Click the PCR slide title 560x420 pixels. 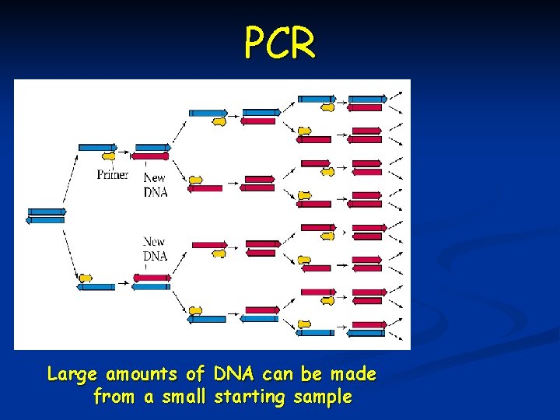[x=280, y=43]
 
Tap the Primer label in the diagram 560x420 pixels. [x=113, y=174]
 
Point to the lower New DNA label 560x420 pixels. [x=155, y=249]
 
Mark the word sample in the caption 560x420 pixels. [x=323, y=397]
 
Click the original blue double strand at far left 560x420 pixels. [x=46, y=215]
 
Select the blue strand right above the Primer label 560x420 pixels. [x=97, y=147]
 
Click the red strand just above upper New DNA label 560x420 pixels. [x=152, y=156]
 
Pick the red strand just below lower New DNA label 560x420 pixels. [x=152, y=277]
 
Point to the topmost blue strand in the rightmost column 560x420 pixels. [x=367, y=99]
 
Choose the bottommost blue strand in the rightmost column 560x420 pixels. [x=367, y=333]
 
